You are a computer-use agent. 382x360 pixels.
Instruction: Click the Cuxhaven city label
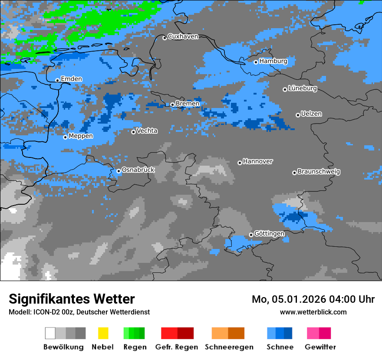click(x=183, y=36)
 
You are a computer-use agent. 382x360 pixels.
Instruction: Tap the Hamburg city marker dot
click(x=256, y=62)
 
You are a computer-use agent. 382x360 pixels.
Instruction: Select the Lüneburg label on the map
click(x=303, y=88)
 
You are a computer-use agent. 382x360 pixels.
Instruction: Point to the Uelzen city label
click(x=311, y=114)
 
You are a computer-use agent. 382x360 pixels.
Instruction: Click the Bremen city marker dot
click(x=172, y=105)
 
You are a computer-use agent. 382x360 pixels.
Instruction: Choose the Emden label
click(x=71, y=79)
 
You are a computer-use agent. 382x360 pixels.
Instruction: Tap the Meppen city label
click(x=81, y=136)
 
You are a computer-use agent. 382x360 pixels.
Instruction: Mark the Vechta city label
click(x=147, y=131)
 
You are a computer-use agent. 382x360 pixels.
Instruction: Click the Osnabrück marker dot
click(x=119, y=171)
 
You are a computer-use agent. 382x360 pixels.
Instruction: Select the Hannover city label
click(x=258, y=161)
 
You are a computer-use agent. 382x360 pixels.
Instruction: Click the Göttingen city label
click(x=269, y=234)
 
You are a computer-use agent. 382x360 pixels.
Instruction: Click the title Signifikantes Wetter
click(x=72, y=299)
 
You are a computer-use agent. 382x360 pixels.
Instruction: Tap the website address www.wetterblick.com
click(x=313, y=312)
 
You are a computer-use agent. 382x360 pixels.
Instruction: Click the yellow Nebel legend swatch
click(x=103, y=333)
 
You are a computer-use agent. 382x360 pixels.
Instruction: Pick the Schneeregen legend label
click(x=229, y=347)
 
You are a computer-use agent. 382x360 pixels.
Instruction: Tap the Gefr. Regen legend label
click(x=177, y=347)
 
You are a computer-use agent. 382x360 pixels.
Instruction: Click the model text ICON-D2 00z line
click(x=79, y=312)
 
